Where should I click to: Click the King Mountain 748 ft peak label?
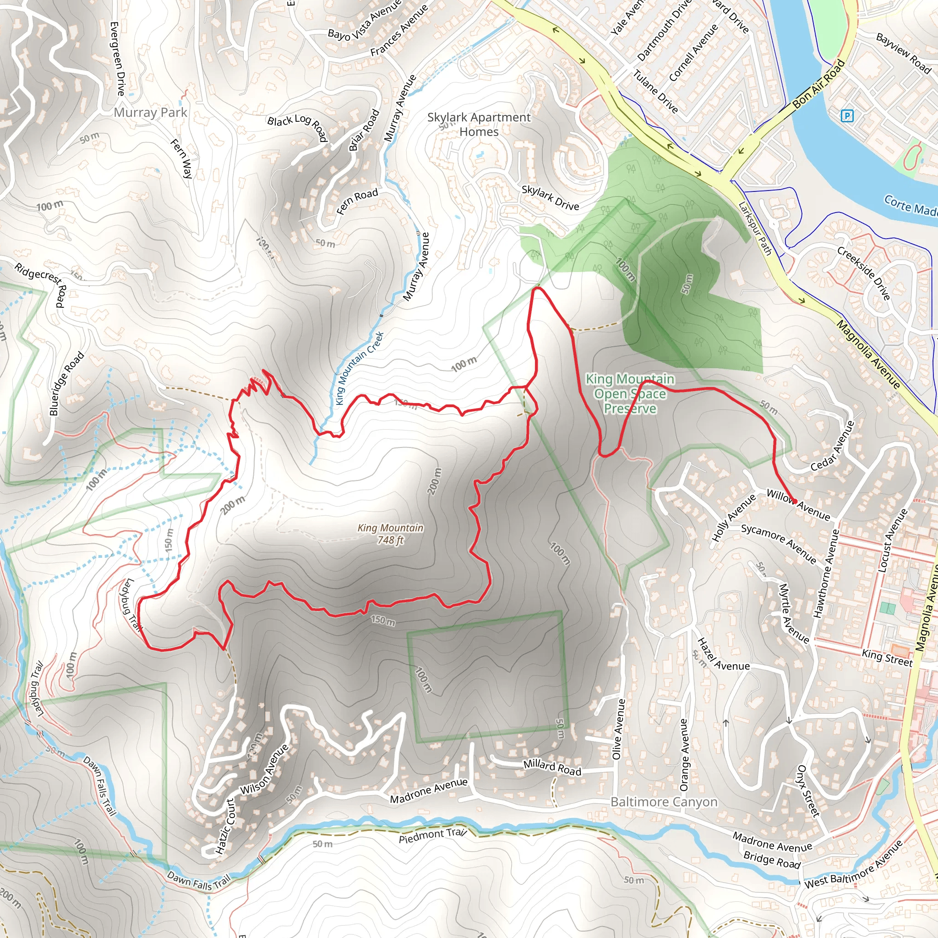click(x=390, y=534)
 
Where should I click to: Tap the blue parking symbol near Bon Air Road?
click(x=847, y=115)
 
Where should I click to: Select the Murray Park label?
click(x=150, y=113)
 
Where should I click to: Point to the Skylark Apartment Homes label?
click(x=479, y=124)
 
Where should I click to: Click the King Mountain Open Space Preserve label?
click(x=630, y=393)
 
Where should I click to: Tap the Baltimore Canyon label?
click(x=664, y=802)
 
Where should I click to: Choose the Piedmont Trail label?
click(x=432, y=835)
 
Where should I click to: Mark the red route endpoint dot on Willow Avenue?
click(x=795, y=501)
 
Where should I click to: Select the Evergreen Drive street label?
click(x=118, y=58)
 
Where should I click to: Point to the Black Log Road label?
click(x=297, y=128)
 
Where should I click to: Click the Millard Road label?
click(x=552, y=767)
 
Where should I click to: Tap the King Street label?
click(x=887, y=658)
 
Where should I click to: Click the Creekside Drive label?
click(x=863, y=273)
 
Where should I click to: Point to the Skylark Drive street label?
click(x=550, y=197)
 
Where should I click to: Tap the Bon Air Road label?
click(x=818, y=84)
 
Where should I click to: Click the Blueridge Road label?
click(x=66, y=384)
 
